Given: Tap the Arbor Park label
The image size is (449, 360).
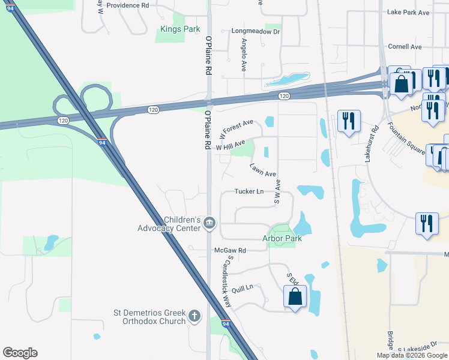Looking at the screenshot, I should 282,238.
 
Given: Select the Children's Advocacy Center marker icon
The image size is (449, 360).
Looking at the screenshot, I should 209,223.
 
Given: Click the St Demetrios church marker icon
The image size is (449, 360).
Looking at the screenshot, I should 194,316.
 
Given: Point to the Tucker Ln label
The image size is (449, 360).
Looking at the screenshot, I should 249,192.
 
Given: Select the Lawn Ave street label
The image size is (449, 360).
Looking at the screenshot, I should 263,169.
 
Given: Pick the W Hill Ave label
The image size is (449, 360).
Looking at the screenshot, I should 231,146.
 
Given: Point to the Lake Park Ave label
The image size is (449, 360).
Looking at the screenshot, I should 408,12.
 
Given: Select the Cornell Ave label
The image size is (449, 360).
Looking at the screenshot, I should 405,47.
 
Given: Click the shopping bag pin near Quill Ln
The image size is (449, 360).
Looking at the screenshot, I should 295,297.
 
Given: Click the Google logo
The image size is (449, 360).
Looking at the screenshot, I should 20,353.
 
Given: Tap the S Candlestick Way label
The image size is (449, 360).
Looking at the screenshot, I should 226,282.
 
